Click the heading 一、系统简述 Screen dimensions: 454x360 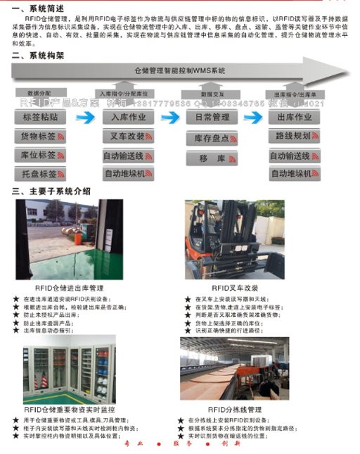tap(32, 8)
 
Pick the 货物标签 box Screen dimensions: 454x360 tap(39, 137)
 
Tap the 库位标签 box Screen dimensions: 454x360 tap(39, 155)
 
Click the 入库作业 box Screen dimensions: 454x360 tap(124, 118)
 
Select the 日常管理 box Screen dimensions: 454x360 tap(212, 118)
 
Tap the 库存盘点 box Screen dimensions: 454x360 tap(212, 139)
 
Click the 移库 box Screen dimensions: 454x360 tap(212, 159)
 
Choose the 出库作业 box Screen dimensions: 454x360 tap(294, 118)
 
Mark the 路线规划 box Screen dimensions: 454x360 tap(294, 136)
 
